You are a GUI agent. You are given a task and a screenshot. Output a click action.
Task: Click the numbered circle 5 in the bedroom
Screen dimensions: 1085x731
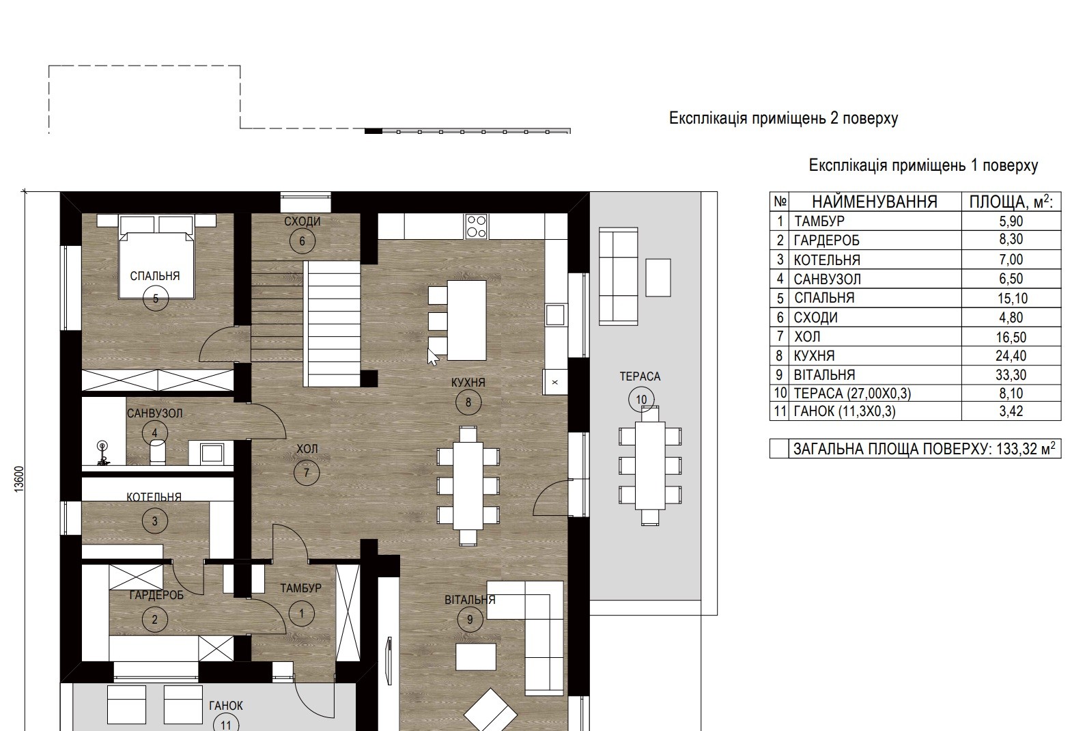pos(156,298)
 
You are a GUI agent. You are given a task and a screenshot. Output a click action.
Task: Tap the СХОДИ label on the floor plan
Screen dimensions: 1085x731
pos(302,221)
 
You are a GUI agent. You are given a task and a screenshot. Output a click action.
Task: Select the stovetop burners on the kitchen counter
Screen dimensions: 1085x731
pos(476,227)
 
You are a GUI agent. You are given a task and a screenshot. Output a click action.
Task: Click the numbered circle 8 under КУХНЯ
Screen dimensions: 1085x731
pos(468,402)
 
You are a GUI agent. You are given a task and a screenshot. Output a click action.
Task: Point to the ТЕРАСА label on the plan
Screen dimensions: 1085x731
pos(640,376)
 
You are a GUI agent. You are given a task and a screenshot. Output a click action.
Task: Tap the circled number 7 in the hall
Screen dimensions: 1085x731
pos(306,472)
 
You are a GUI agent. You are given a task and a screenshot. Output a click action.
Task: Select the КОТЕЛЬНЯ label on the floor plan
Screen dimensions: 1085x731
pos(154,497)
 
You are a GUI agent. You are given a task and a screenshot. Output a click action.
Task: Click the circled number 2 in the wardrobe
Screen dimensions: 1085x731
pos(155,619)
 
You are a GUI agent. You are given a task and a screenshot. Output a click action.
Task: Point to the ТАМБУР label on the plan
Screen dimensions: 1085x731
pos(301,588)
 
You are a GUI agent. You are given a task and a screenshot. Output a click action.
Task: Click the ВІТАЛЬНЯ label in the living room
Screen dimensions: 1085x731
pos(470,600)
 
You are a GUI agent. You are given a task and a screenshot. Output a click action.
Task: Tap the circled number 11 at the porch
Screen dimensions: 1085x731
pos(226,725)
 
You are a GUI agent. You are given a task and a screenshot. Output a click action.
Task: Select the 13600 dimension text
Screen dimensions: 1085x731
pos(19,480)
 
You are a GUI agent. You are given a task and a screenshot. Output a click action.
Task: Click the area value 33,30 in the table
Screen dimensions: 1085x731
pos(1011,374)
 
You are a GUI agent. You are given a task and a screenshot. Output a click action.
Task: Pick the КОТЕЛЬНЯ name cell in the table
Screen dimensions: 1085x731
pos(827,260)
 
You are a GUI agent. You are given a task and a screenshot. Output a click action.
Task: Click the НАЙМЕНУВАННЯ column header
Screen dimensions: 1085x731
pos(875,202)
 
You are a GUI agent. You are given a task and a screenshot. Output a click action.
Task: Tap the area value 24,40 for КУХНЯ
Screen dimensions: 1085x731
pos(1011,356)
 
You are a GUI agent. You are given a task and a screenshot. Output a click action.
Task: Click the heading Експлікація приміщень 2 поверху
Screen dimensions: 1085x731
pos(784,118)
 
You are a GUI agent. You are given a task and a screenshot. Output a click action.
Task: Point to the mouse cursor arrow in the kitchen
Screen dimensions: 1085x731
pos(432,357)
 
